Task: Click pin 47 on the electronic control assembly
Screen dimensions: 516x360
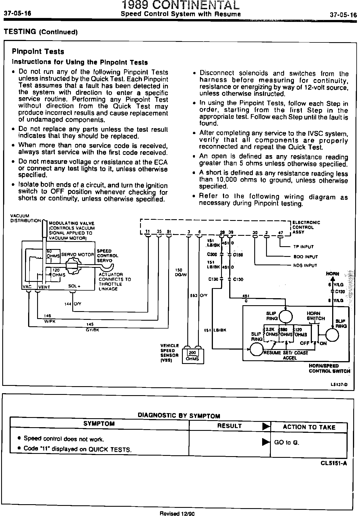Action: pyautogui.click(x=280, y=233)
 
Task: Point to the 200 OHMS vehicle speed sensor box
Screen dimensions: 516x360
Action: pyautogui.click(x=193, y=356)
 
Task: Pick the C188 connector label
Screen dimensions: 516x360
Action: pyautogui.click(x=238, y=255)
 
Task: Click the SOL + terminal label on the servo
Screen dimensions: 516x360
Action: pyautogui.click(x=74, y=286)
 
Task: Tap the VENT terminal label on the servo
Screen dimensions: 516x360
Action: pyautogui.click(x=44, y=287)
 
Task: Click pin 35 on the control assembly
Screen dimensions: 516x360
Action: pyautogui.click(x=159, y=232)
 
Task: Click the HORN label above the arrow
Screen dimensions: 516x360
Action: pyautogui.click(x=332, y=274)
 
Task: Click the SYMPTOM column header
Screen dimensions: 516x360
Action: pyautogui.click(x=99, y=424)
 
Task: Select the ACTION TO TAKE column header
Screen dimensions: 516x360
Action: pyautogui.click(x=309, y=427)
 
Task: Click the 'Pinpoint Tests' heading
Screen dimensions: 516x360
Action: pyautogui.click(x=38, y=52)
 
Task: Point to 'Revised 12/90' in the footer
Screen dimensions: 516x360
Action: pyautogui.click(x=177, y=513)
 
